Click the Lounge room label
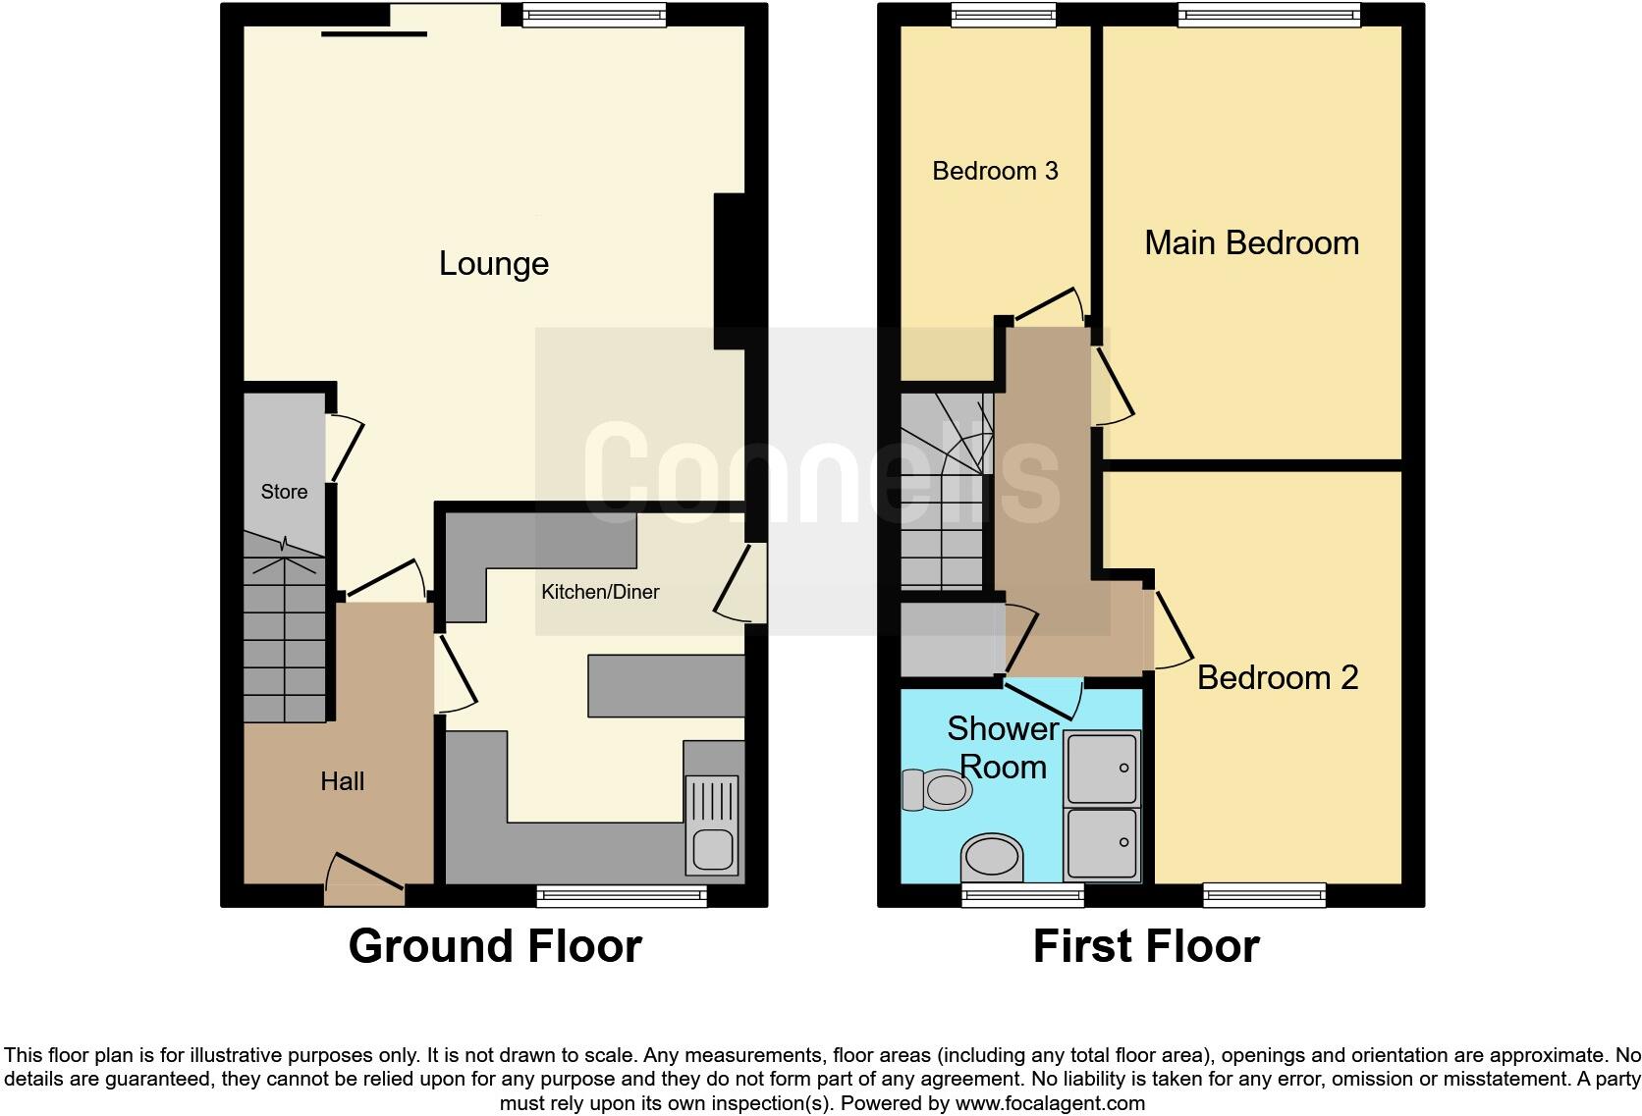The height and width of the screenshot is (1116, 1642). click(x=493, y=263)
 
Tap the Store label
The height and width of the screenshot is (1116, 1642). click(x=284, y=492)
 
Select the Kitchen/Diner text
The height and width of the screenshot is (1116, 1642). click(x=600, y=592)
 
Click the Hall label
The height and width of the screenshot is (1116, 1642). click(x=342, y=781)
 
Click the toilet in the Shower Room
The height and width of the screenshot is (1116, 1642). click(x=937, y=789)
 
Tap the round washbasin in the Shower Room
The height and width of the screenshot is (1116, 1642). click(x=993, y=858)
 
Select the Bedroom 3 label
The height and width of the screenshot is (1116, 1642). click(x=995, y=171)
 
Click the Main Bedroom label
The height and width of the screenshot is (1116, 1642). click(x=1251, y=242)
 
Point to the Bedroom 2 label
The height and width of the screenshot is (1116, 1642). click(x=1277, y=677)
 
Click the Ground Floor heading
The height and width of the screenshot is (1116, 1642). click(x=495, y=946)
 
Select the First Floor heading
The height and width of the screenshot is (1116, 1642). click(x=1146, y=946)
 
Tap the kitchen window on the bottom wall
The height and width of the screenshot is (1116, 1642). click(x=622, y=894)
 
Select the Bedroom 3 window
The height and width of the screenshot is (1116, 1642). click(x=1003, y=13)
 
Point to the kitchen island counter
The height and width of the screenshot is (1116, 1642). click(x=666, y=685)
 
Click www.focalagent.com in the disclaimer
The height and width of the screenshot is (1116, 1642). click(x=1049, y=1103)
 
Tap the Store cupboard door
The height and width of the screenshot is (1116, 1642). click(x=348, y=449)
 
